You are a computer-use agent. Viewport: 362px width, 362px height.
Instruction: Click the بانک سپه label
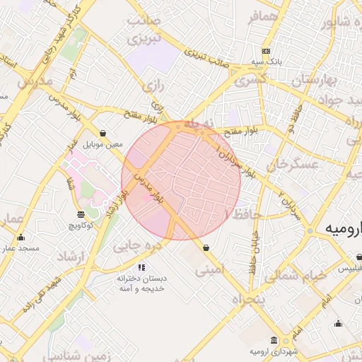(x=266, y=62)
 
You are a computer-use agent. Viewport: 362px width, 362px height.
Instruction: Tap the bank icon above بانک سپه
(x=266, y=51)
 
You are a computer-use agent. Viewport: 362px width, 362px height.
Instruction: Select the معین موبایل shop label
(x=103, y=144)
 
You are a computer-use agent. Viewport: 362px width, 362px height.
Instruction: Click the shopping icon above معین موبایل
(x=103, y=133)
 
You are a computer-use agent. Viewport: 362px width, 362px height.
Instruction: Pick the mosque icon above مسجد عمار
(x=21, y=238)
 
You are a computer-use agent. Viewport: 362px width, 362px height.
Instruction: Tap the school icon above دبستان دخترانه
(x=141, y=268)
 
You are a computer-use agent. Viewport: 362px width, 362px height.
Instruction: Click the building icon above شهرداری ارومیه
(x=274, y=341)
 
